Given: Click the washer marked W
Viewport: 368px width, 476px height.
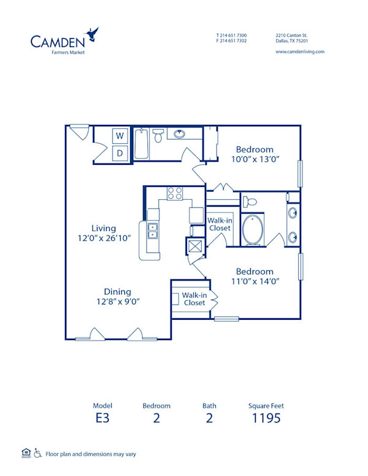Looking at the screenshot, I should click(x=120, y=135).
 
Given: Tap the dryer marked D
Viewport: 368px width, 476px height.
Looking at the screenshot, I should click(x=120, y=153).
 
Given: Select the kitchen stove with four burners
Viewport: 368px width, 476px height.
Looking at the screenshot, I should click(x=174, y=194).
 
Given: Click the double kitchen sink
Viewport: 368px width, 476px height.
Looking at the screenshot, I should click(x=152, y=231).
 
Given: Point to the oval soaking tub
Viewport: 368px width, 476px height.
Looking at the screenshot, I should click(x=253, y=230).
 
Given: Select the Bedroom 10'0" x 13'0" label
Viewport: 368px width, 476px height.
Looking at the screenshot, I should click(x=255, y=154).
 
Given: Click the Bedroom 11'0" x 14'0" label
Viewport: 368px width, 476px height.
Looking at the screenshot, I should click(x=255, y=276).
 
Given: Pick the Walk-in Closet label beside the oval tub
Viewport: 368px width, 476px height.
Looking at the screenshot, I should click(x=219, y=224).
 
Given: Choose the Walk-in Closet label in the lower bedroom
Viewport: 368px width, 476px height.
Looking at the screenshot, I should click(x=194, y=299).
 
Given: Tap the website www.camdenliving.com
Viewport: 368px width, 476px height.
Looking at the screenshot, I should click(x=300, y=51).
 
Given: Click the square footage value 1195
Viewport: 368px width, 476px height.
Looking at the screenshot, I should click(x=266, y=419).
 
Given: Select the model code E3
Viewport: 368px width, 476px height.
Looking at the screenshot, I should click(x=102, y=419).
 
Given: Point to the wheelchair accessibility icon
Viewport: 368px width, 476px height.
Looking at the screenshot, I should click(x=37, y=453).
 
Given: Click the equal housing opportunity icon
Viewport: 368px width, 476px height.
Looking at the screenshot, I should click(x=25, y=453).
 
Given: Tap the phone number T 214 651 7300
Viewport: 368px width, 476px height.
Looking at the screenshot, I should click(x=232, y=35).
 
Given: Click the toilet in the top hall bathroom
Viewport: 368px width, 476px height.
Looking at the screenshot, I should click(x=158, y=136).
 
